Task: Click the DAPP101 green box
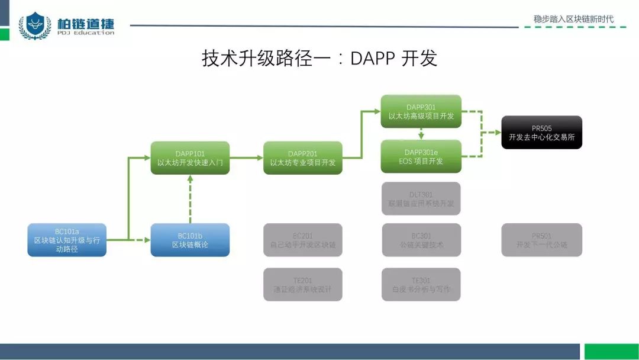(x=190, y=157)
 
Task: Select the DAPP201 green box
(x=302, y=157)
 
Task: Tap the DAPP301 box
(x=421, y=111)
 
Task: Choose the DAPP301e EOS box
(x=421, y=156)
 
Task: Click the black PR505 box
(x=541, y=132)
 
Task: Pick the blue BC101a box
(x=67, y=240)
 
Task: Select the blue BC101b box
(x=190, y=240)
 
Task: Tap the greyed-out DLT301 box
(x=421, y=198)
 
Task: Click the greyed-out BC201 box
(x=302, y=240)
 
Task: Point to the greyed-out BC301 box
(x=421, y=240)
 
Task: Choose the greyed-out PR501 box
(x=541, y=240)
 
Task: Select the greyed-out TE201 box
(x=302, y=285)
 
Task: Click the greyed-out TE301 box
(x=421, y=285)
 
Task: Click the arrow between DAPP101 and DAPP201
(x=246, y=158)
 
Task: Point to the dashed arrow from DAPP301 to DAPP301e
(x=421, y=134)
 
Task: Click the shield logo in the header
(x=34, y=25)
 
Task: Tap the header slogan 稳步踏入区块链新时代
(x=573, y=19)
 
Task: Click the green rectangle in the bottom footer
(x=611, y=352)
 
